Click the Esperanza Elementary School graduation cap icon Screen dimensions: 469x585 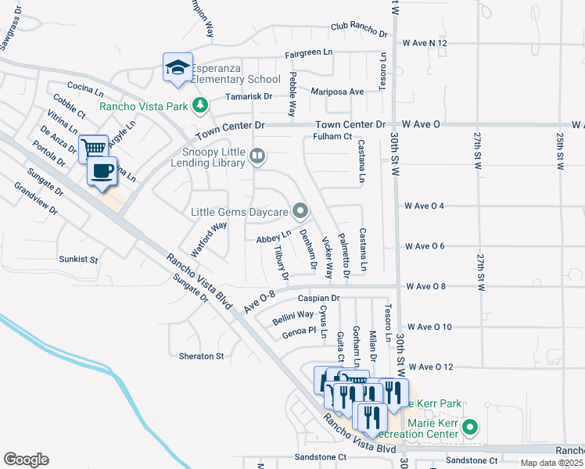[x=178, y=67]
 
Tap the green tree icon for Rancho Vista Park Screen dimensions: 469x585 [x=201, y=105]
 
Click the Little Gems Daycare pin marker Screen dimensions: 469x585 [x=300, y=210]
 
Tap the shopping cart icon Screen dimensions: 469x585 [x=94, y=148]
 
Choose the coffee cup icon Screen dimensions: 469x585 [x=102, y=171]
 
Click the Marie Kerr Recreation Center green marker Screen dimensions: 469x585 [x=469, y=428]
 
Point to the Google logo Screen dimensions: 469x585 [x=26, y=459]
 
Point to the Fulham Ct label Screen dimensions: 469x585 [x=333, y=137]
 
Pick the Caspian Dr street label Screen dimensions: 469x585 [x=319, y=299]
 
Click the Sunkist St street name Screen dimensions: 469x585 [x=77, y=259]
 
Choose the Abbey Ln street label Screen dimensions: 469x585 [x=274, y=234]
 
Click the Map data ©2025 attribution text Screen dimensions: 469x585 [x=552, y=463]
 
